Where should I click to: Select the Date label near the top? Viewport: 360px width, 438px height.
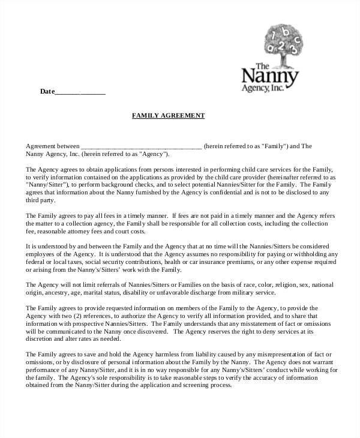[47, 91]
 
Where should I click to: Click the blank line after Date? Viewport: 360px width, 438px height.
[80, 92]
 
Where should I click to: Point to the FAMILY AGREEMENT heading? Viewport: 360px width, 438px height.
[168, 115]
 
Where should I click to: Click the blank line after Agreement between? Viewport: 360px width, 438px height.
[141, 146]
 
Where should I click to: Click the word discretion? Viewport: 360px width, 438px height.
[40, 339]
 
